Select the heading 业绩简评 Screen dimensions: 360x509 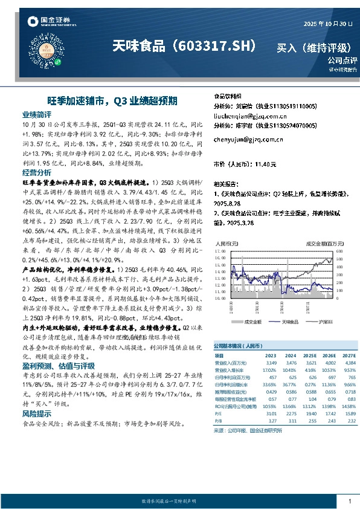[x=37, y=114]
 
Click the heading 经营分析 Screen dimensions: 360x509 [x=37, y=172]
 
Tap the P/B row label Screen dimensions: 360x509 [x=218, y=421]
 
